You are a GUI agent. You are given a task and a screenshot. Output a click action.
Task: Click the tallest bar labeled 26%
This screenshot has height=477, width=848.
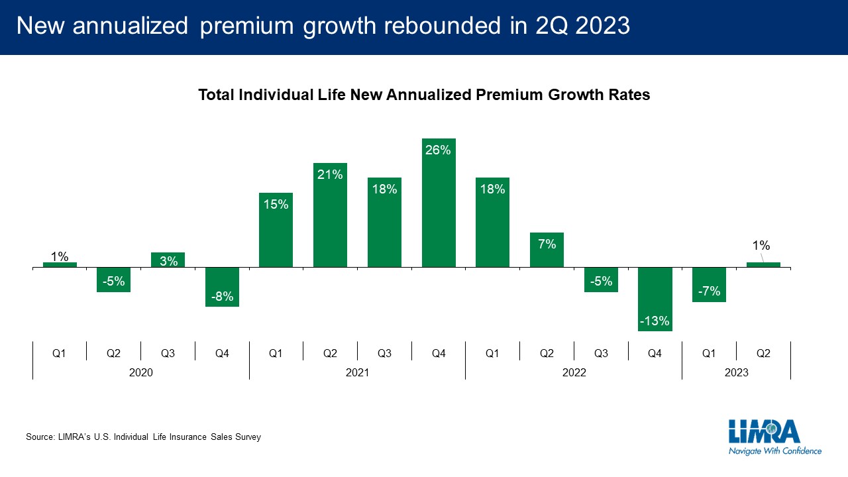click(x=439, y=203)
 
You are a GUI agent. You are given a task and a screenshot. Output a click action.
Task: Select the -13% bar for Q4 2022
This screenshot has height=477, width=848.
click(x=655, y=299)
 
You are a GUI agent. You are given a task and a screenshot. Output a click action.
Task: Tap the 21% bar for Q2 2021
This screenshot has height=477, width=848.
click(x=330, y=215)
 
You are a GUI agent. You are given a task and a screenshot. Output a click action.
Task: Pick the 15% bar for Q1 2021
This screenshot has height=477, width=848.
click(x=276, y=230)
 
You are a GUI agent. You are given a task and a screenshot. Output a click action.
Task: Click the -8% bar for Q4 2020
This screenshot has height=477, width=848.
click(x=222, y=287)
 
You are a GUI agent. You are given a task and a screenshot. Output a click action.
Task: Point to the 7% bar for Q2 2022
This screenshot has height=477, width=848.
click(x=547, y=250)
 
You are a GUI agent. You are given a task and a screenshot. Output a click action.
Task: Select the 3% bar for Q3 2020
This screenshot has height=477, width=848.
click(x=168, y=260)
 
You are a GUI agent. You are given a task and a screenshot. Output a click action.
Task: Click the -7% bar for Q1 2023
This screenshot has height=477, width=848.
click(x=709, y=285)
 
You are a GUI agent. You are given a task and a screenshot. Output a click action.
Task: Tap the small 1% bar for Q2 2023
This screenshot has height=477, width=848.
click(x=763, y=265)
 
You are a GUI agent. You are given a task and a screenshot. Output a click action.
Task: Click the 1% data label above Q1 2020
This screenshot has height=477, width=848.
click(x=60, y=256)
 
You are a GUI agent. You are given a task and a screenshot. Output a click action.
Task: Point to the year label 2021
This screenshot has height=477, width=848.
click(x=357, y=372)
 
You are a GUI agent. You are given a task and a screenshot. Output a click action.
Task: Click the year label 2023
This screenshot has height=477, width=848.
click(x=736, y=372)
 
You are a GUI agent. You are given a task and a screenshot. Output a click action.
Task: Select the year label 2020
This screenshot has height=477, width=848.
click(x=141, y=372)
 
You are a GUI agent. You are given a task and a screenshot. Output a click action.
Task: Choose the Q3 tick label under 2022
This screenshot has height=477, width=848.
click(x=601, y=354)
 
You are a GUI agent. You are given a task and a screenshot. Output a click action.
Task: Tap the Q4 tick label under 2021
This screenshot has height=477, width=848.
click(x=439, y=354)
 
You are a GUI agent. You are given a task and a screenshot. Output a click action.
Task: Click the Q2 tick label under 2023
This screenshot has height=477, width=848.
click(x=763, y=354)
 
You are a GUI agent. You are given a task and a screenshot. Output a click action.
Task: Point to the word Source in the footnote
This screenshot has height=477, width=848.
click(x=39, y=437)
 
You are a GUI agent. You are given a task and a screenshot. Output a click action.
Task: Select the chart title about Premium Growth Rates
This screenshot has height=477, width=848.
click(x=424, y=95)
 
